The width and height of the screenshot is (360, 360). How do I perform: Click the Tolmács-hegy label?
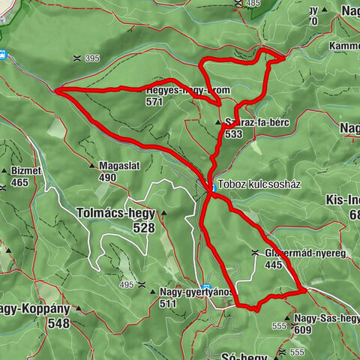click(x=115, y=212)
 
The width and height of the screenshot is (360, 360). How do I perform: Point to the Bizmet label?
click(x=25, y=171)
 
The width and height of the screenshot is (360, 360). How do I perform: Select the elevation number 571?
click(x=154, y=100)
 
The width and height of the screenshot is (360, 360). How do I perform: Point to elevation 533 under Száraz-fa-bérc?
click(x=232, y=134)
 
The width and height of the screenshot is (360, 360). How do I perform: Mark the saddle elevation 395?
click(x=92, y=58)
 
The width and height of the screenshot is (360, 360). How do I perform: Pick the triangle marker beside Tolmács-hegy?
click(x=163, y=213)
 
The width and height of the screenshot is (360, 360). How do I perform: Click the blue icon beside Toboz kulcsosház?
click(x=213, y=187)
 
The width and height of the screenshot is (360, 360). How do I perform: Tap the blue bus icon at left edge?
click(x=3, y=54)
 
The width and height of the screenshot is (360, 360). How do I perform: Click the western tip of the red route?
click(x=57, y=90)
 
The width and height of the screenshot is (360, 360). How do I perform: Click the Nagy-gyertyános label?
click(x=196, y=292)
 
